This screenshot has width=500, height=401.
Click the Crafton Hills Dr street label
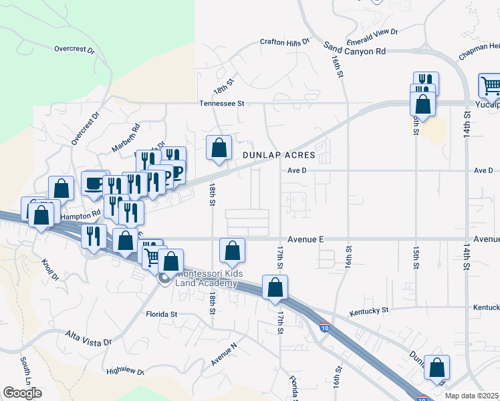(x=285, y=41)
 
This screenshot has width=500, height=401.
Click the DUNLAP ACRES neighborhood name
(x=278, y=154)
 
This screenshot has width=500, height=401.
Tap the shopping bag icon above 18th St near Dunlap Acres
(x=219, y=148)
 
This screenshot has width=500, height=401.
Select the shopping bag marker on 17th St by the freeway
(x=275, y=287)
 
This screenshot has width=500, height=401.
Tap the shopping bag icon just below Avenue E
(x=232, y=251)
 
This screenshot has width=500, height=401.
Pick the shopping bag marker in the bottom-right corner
(x=436, y=367)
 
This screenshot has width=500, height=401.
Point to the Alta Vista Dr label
(x=88, y=338)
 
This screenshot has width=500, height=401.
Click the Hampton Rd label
(x=80, y=216)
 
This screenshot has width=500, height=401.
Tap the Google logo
(x=22, y=393)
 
